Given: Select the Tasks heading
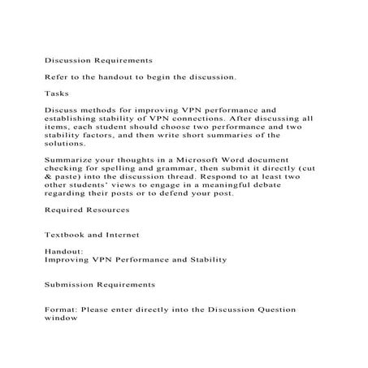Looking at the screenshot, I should [x=56, y=93].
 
